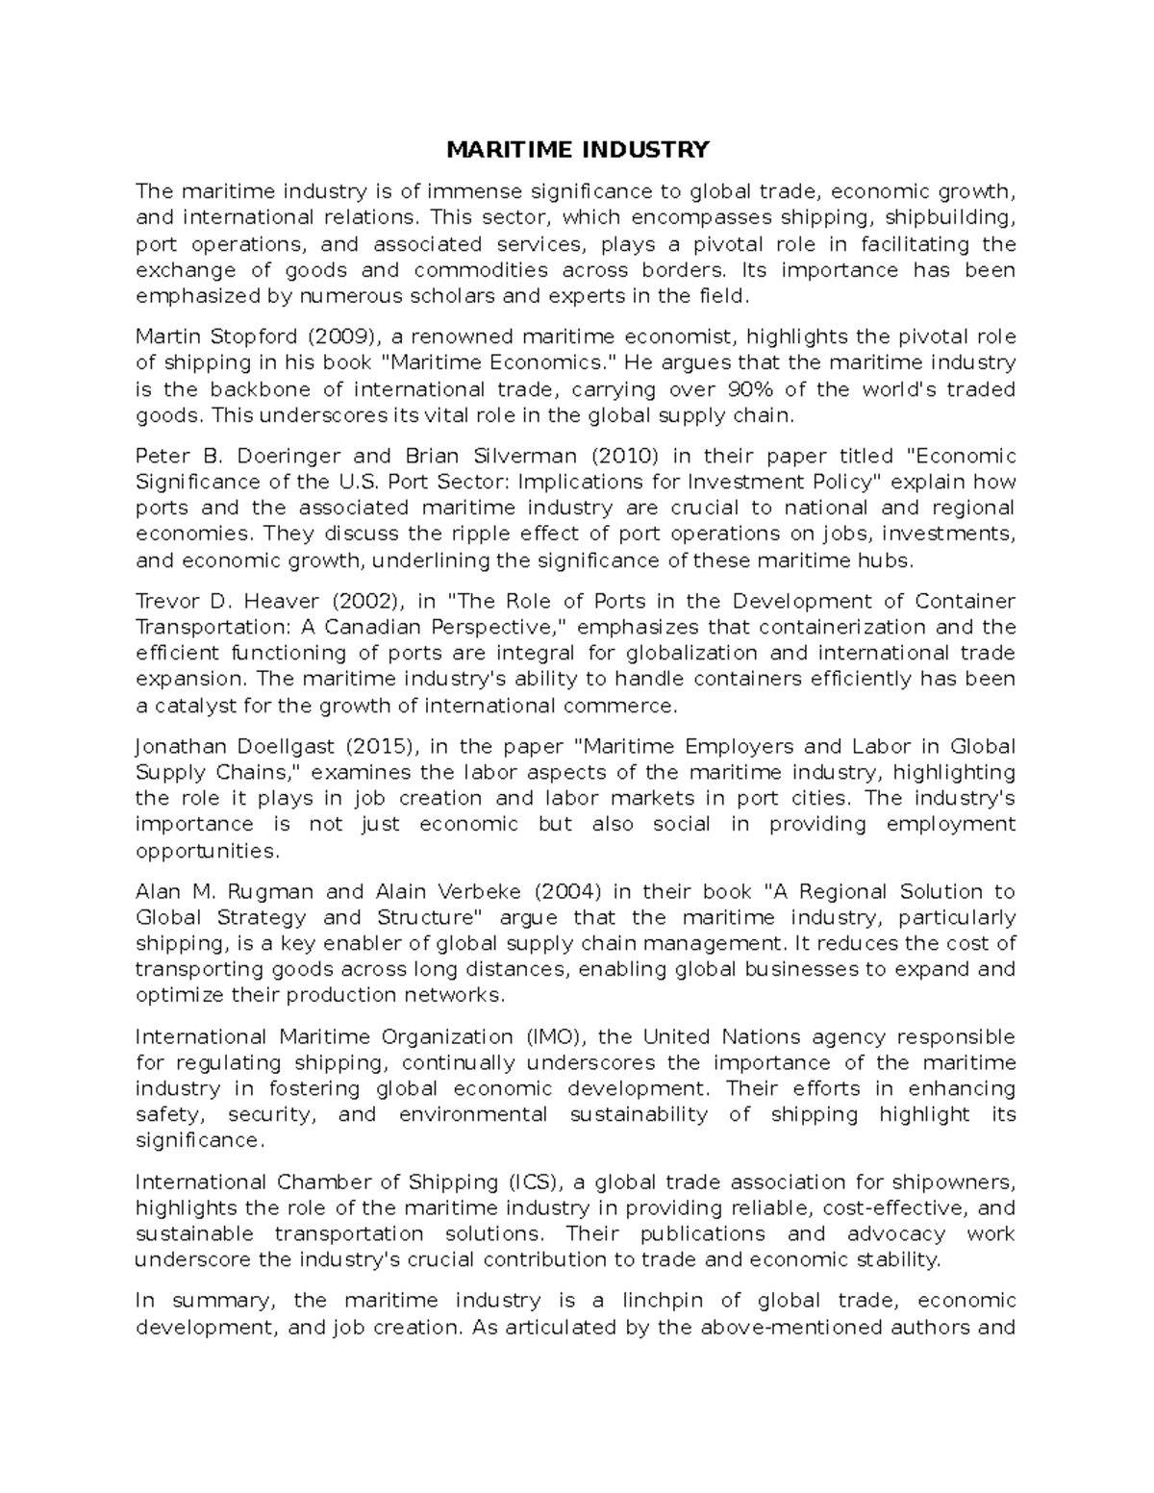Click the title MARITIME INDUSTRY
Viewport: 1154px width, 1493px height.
(x=576, y=149)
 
